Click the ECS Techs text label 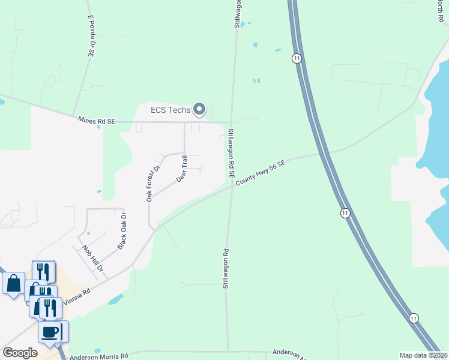[170, 110]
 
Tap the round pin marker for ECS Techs [199, 110]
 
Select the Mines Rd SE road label [96, 121]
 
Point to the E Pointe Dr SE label [91, 37]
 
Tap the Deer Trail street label [182, 169]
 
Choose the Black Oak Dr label [122, 230]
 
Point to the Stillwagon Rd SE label [231, 153]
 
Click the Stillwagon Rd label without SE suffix [226, 269]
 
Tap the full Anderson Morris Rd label [100, 356]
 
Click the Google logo [20, 353]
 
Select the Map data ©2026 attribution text [424, 355]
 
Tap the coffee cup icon [50, 331]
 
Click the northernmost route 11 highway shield [297, 58]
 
